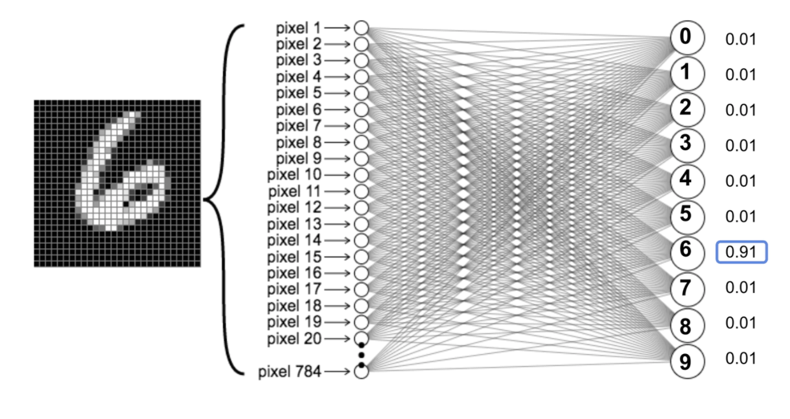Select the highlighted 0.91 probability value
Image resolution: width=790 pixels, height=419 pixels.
[x=742, y=252]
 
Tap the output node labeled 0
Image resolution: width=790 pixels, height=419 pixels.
[x=687, y=38]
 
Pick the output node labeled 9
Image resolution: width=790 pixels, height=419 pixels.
[x=687, y=362]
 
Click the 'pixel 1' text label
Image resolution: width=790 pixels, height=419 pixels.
[x=298, y=28]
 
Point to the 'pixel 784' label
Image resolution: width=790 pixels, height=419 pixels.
[x=289, y=371]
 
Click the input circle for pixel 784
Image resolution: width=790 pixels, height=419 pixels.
[x=361, y=371]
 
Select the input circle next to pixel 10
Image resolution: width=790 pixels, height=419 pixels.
[x=361, y=174]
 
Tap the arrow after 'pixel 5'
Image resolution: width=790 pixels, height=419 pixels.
[x=337, y=94]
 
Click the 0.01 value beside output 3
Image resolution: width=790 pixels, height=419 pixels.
[x=740, y=146]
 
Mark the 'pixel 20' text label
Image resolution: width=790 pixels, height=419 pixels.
[x=294, y=339]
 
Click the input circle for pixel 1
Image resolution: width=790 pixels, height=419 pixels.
[x=361, y=28]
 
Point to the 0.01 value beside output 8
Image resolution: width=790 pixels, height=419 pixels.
[x=740, y=323]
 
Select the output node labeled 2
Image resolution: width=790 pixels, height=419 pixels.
[x=687, y=110]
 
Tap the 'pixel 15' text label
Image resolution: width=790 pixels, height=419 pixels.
[x=294, y=257]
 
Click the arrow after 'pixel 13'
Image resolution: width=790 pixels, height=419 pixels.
[x=337, y=224]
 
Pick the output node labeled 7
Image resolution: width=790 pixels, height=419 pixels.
[x=687, y=289]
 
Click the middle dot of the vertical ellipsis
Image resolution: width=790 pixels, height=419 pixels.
[x=361, y=355]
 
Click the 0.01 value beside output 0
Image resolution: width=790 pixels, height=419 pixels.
[x=740, y=39]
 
